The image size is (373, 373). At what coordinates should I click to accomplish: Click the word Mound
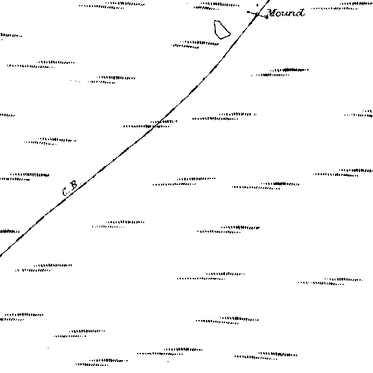286,13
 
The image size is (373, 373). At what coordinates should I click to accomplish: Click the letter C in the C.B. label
65,191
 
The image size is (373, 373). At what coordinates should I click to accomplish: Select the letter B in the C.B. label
74,185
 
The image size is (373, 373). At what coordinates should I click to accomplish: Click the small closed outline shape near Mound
222,30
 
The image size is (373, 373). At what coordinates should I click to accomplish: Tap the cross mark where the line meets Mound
257,14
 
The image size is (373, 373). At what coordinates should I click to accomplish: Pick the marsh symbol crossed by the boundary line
151,124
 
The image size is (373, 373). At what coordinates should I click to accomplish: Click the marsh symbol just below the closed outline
195,44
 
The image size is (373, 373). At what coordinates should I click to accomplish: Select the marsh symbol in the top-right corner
342,6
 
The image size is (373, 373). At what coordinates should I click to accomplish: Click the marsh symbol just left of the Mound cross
217,6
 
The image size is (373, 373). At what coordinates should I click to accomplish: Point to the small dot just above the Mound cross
257,5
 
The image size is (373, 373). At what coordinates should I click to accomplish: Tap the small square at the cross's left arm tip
248,12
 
